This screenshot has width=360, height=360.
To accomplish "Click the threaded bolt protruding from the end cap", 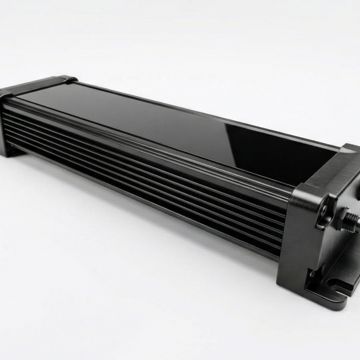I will tap(354, 220).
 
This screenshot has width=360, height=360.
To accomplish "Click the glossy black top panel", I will tap(158, 125).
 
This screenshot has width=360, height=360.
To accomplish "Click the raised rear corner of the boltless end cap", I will tap(65, 78).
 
